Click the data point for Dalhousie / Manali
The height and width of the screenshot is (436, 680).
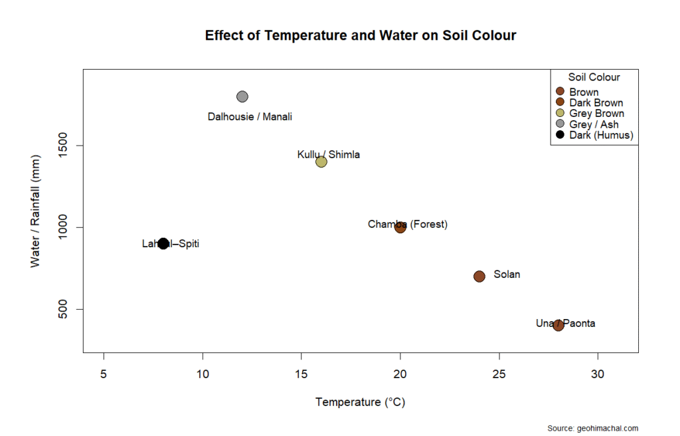pos(242,96)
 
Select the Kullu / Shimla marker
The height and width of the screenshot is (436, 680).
pos(321,162)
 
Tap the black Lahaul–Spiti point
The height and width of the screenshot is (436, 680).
pos(163,243)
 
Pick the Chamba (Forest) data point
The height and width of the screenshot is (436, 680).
pos(400,227)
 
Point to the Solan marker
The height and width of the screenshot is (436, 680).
pos(479,276)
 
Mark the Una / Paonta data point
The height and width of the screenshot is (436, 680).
pos(558,325)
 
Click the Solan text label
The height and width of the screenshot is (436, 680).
pos(507,274)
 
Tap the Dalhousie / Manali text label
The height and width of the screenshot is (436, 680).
pos(250,117)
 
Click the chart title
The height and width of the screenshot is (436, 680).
pos(361,36)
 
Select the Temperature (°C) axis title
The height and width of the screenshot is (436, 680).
pos(361,402)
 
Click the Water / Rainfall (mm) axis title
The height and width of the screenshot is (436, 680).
pos(36,211)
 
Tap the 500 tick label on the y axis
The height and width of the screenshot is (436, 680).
pos(68,309)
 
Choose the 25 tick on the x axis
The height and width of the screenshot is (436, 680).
pos(499,374)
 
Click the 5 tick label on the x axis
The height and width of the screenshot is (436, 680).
pos(104,374)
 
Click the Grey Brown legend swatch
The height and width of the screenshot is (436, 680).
pos(560,114)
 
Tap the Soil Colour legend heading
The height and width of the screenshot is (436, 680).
pos(594,77)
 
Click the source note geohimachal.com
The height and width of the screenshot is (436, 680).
pos(593,429)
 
